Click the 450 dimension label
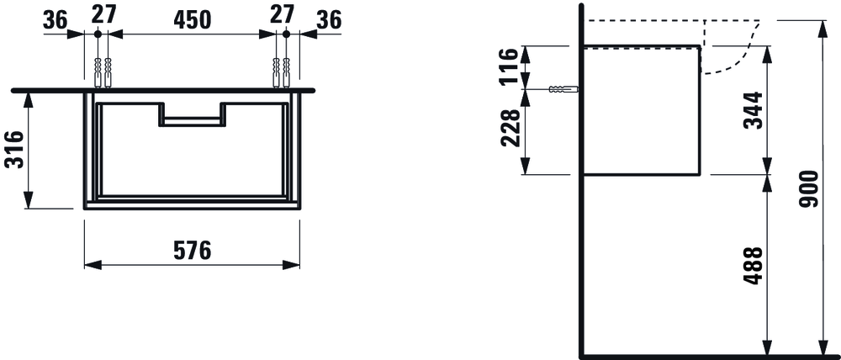tap(192, 19)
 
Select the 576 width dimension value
tap(192, 250)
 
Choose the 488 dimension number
tap(754, 265)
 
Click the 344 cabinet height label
tap(754, 110)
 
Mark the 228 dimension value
tap(510, 127)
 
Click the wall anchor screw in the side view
tap(563, 89)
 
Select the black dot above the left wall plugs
tap(98, 34)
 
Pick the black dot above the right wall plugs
tap(286, 34)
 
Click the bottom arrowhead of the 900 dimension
tap(820, 345)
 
